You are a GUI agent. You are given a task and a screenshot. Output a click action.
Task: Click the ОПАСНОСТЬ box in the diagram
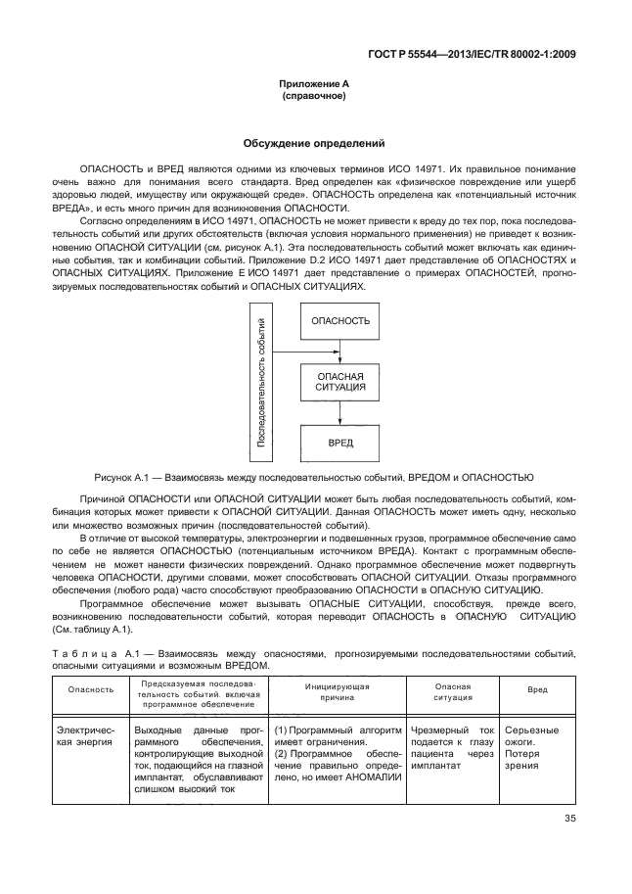(339, 321)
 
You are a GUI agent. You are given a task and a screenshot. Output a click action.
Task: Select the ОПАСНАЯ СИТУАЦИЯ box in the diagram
(339, 382)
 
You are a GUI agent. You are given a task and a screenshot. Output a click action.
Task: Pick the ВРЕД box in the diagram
(339, 443)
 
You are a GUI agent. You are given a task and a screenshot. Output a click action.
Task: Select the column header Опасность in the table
(90, 689)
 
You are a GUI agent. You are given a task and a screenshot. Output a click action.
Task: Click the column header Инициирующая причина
(336, 689)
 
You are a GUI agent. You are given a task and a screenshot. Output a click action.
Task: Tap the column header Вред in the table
(537, 689)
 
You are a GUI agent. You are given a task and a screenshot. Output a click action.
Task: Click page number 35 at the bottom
(569, 820)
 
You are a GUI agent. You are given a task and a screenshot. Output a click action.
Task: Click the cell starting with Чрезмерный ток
(452, 748)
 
